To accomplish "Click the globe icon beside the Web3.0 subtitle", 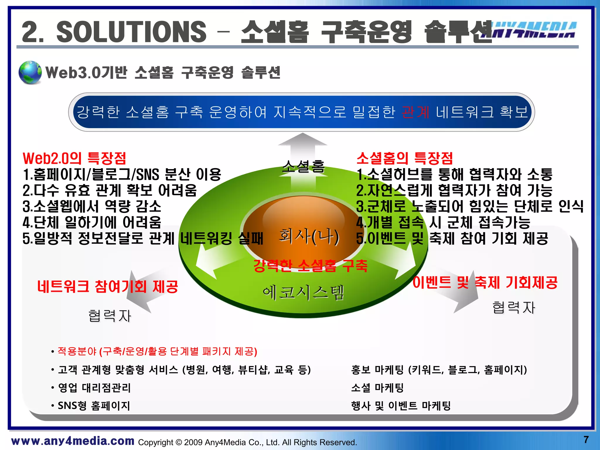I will pyautogui.click(x=30, y=72).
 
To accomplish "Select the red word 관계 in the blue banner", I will pyautogui.click(x=415, y=112).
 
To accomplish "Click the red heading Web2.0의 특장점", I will pyautogui.click(x=74, y=158).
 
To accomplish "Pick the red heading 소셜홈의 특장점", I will pyautogui.click(x=405, y=158).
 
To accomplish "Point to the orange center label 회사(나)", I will pyautogui.click(x=309, y=236).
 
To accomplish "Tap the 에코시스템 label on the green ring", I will pyautogui.click(x=303, y=293).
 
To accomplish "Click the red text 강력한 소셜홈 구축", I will pyautogui.click(x=310, y=266).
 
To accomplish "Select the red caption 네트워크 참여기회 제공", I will pyautogui.click(x=108, y=286).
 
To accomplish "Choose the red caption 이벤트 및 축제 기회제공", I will pyautogui.click(x=485, y=282).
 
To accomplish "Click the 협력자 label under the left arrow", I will pyautogui.click(x=110, y=316).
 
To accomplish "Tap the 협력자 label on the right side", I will pyautogui.click(x=514, y=307).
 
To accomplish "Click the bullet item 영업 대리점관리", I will pyautogui.click(x=94, y=388).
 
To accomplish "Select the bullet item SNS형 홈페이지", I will pyautogui.click(x=94, y=406).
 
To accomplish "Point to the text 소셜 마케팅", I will pyautogui.click(x=377, y=388).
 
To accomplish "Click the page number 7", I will pyautogui.click(x=586, y=439).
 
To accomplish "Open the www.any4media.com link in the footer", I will pyautogui.click(x=73, y=441).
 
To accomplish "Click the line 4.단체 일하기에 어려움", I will pyautogui.click(x=92, y=222).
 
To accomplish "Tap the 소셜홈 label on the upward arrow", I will pyautogui.click(x=303, y=166).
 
